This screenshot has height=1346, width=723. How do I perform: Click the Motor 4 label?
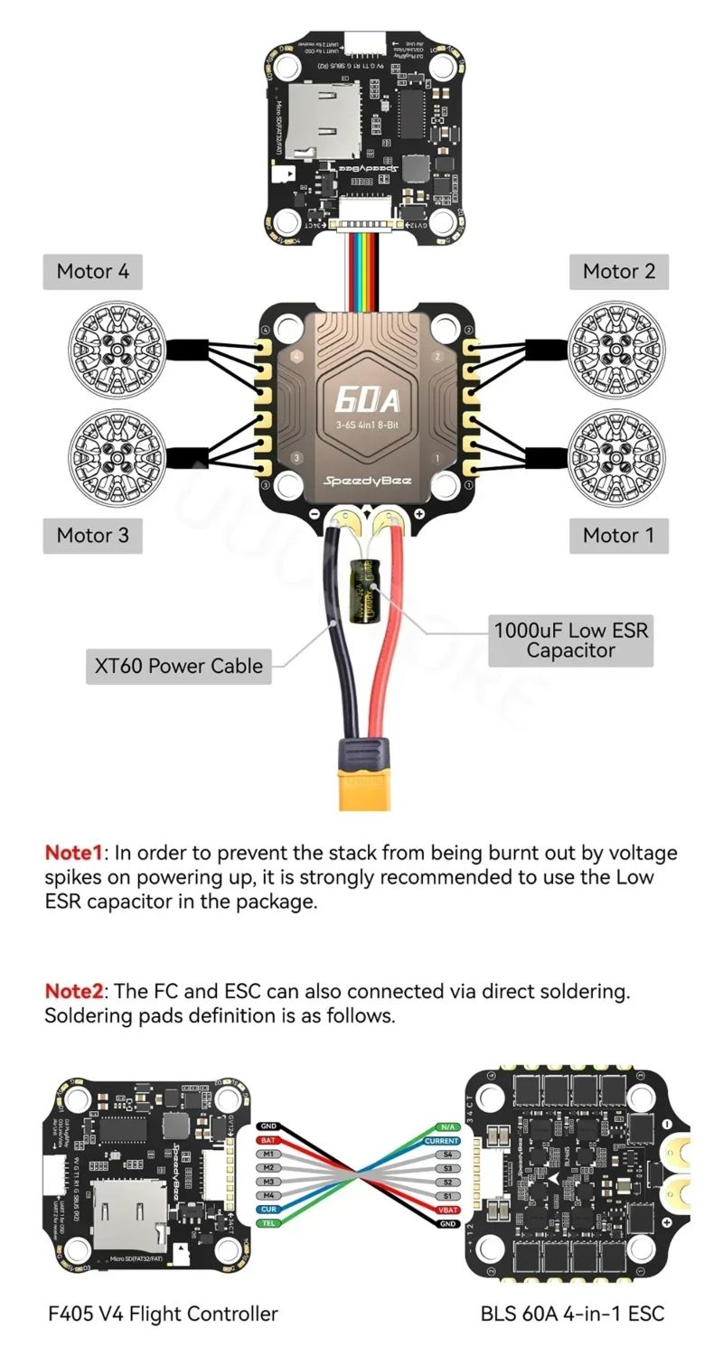click(92, 271)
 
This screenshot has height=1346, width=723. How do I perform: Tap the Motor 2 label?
click(618, 271)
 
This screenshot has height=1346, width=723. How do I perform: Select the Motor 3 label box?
click(92, 535)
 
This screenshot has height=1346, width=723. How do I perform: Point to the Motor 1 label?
click(618, 535)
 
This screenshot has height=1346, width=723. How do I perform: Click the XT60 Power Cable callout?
click(179, 666)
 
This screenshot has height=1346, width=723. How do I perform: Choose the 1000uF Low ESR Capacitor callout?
click(570, 640)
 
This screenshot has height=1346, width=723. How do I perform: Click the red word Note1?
click(74, 853)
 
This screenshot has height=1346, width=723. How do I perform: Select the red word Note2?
click(74, 991)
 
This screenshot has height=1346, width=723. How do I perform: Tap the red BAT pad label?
click(268, 1140)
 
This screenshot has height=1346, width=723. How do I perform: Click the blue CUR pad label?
click(268, 1209)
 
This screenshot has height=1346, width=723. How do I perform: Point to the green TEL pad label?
click(268, 1222)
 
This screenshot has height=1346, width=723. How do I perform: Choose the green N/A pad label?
click(447, 1126)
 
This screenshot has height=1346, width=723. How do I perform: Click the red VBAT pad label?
click(447, 1209)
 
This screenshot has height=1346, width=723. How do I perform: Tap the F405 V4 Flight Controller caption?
click(163, 1313)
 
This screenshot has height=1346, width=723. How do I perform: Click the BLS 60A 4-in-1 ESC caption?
click(572, 1313)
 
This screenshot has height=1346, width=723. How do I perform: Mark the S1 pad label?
click(447, 1195)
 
